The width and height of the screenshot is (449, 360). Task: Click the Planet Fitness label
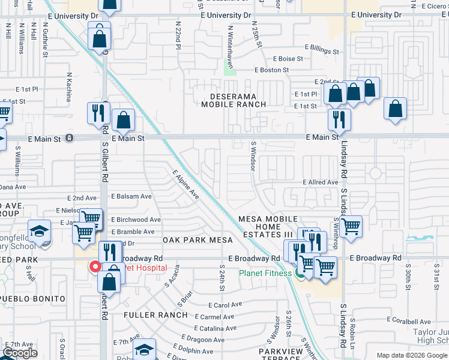click(264, 273)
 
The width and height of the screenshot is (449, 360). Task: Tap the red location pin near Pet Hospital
click(94, 266)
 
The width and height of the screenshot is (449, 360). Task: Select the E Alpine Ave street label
click(185, 184)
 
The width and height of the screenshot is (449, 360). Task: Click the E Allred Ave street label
click(321, 182)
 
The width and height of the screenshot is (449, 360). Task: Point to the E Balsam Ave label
click(130, 196)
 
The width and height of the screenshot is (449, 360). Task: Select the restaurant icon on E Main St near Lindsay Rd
click(339, 119)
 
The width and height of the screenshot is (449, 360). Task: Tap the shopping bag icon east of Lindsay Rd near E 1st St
click(395, 109)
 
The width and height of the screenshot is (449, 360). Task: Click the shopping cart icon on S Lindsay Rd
click(351, 226)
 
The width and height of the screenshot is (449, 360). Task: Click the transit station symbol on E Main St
click(70, 138)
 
